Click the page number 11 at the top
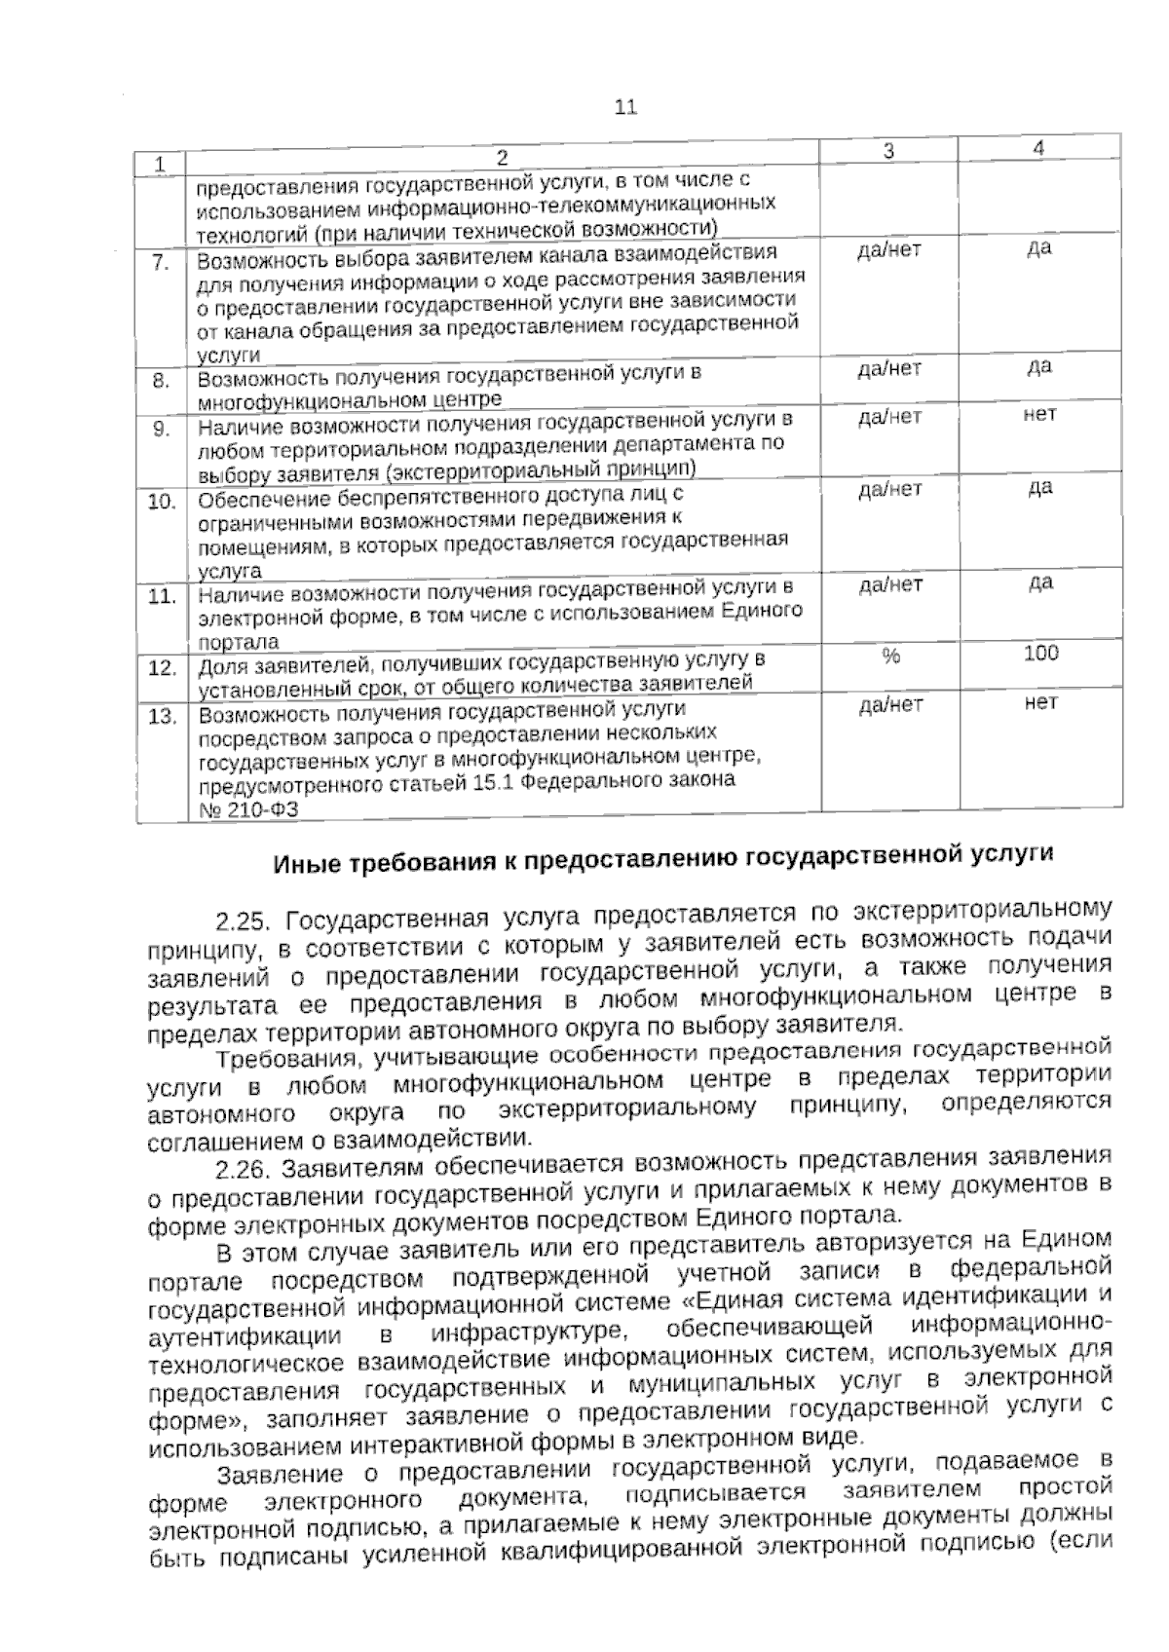(x=625, y=107)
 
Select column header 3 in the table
(x=888, y=151)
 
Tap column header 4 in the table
(x=1039, y=148)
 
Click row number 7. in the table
(x=161, y=264)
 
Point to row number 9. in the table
(x=161, y=429)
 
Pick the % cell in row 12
(x=890, y=657)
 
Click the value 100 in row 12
(x=1040, y=654)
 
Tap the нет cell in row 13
(x=1040, y=702)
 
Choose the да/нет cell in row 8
(x=889, y=369)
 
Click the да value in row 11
(x=1039, y=582)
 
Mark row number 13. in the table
(x=161, y=717)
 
